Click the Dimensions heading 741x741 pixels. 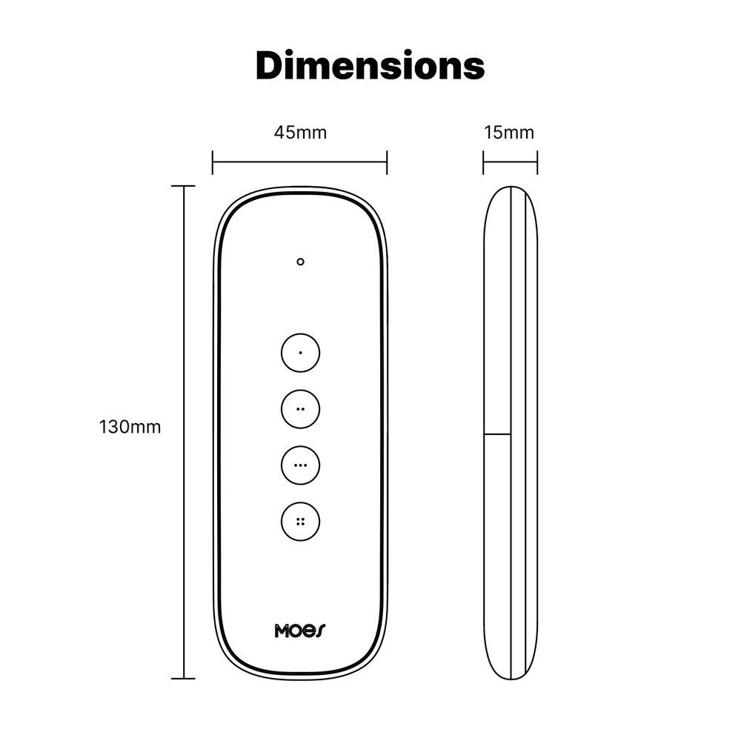pos(370,65)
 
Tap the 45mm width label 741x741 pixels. pos(300,133)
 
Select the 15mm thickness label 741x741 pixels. pos(509,133)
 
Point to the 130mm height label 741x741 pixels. pos(130,428)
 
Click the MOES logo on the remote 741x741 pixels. pos(300,631)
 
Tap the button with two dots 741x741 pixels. pos(300,408)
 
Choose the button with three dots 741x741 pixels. pos(300,465)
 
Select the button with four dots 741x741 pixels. pos(300,522)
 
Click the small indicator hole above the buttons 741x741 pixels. pos(300,262)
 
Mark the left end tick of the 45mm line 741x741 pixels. pos(213,162)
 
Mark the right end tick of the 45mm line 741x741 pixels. pos(387,162)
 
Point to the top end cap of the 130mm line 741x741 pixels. pos(183,187)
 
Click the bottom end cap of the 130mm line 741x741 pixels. pos(183,678)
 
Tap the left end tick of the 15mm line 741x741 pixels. pos(483,162)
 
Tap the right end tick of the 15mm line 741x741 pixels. pos(537,162)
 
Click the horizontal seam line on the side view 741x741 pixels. pos(497,434)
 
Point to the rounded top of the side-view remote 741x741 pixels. pos(511,190)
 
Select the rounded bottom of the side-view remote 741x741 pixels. pos(511,675)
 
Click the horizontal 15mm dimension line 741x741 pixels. pos(510,162)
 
